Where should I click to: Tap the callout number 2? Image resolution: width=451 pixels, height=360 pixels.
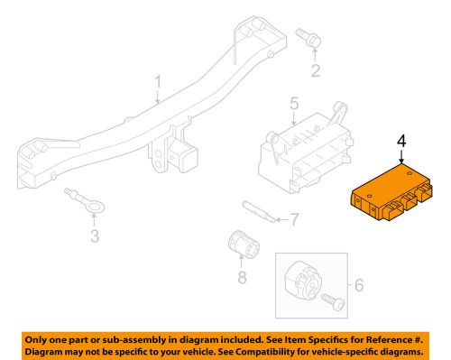point(316,70)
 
